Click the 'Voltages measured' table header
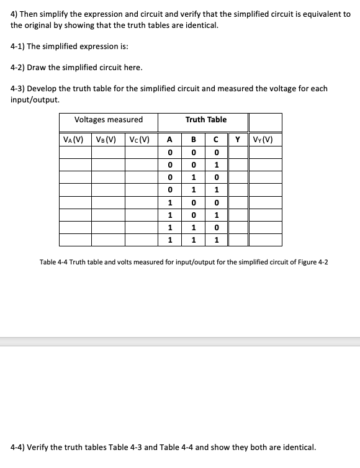tap(108, 120)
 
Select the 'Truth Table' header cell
tap(205, 120)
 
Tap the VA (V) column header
tap(75, 139)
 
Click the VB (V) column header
tap(108, 139)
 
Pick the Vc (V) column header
tap(141, 139)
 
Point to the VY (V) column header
tap(264, 139)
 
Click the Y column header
tap(238, 139)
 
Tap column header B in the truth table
tap(194, 139)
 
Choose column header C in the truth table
tap(215, 139)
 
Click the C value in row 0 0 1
tap(215, 165)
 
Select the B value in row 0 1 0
tap(194, 178)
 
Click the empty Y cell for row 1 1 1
tap(238, 240)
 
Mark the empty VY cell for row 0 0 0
tap(264, 153)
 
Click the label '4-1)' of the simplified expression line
tap(19, 47)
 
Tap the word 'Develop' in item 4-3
tap(47, 88)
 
